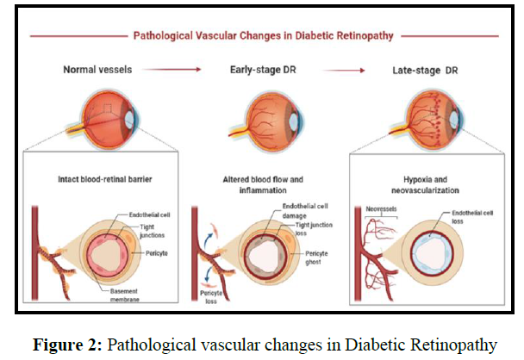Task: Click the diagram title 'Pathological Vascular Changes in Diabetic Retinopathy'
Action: (x=262, y=37)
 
